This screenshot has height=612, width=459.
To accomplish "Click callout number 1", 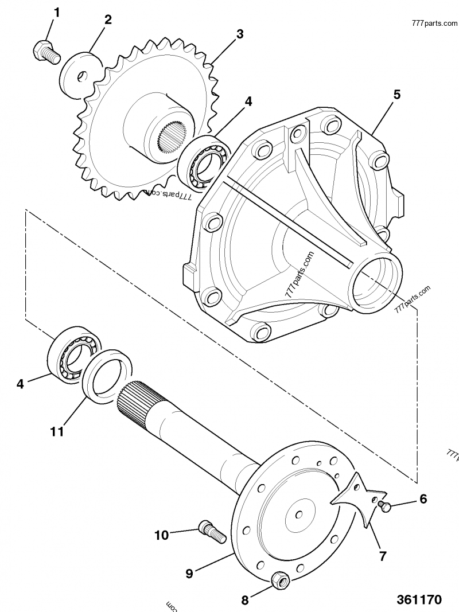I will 56,12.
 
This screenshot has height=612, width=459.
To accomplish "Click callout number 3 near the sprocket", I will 240,34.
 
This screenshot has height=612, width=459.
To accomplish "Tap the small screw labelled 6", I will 385,505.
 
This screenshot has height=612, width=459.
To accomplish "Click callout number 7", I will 382,555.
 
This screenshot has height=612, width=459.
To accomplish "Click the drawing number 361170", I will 419,600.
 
